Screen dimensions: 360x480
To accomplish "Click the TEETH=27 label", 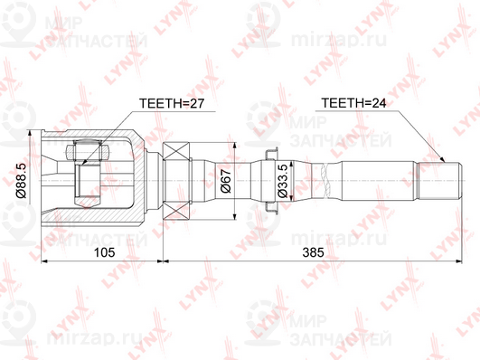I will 173,105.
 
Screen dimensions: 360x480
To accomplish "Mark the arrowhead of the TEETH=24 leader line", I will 444,159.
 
